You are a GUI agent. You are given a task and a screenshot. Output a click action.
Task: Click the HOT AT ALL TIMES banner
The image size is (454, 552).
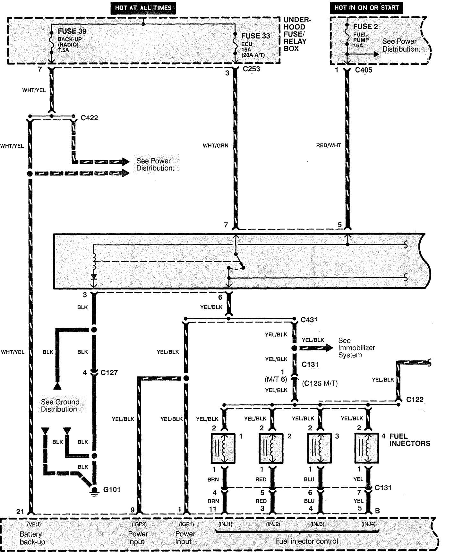click(x=143, y=8)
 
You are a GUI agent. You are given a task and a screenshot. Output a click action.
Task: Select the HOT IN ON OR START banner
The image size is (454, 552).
click(x=366, y=8)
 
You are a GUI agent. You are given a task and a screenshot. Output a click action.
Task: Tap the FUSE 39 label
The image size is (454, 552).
click(x=72, y=31)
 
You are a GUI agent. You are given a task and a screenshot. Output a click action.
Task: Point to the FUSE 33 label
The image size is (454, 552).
click(x=256, y=36)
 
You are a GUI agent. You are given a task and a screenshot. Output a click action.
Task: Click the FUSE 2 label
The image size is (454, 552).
click(x=365, y=27)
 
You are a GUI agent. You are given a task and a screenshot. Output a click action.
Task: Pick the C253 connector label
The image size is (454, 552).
click(x=251, y=69)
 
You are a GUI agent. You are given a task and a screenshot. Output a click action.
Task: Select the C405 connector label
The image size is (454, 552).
click(x=364, y=70)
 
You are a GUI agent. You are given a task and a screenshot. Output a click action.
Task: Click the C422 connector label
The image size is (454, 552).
click(x=89, y=118)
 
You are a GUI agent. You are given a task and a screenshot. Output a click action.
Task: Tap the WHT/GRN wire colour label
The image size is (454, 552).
click(x=216, y=146)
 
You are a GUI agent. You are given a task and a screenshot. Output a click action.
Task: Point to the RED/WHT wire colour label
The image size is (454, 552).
click(x=329, y=146)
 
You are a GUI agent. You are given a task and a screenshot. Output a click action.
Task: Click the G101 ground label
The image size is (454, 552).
click(x=112, y=490)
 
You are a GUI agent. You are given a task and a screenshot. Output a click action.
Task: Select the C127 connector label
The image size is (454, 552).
click(x=109, y=373)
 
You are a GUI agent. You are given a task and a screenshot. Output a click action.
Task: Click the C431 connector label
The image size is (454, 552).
click(x=309, y=320)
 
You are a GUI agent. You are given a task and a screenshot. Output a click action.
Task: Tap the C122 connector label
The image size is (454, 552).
click(x=415, y=400)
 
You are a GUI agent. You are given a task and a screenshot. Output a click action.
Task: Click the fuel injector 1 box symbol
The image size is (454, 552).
click(x=223, y=448)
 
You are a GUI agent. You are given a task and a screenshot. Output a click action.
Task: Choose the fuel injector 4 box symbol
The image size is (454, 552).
click(x=367, y=448)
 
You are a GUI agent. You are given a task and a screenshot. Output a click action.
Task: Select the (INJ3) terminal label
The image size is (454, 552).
click(x=317, y=524)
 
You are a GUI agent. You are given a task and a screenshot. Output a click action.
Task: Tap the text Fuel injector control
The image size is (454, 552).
click(x=306, y=541)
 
